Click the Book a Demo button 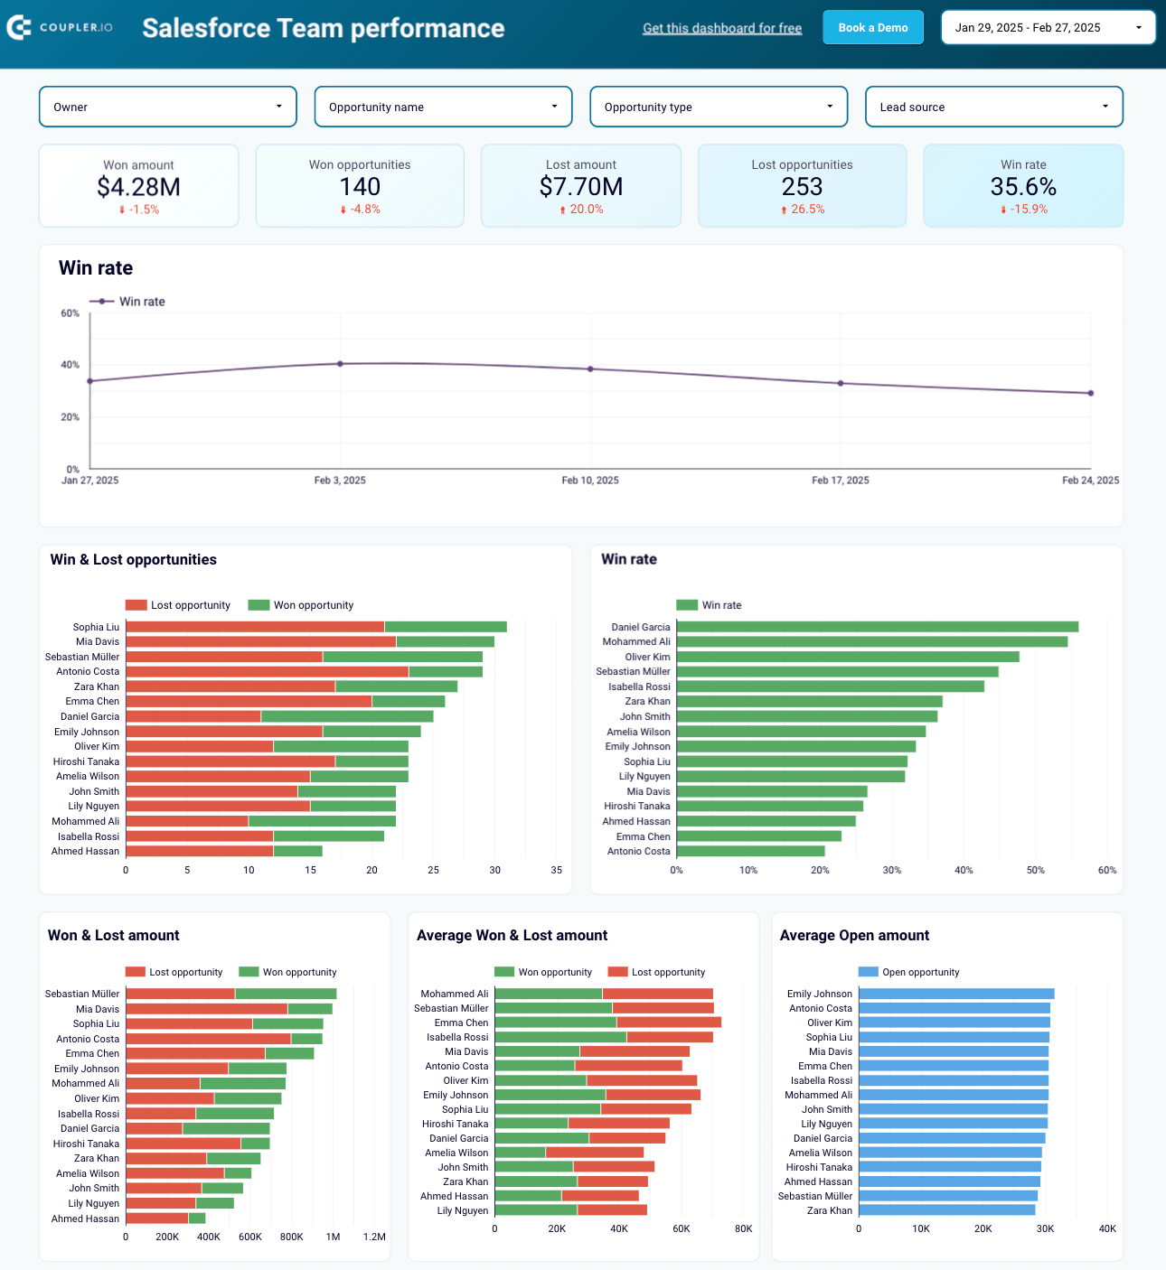click(x=872, y=28)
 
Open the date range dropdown click(x=1048, y=28)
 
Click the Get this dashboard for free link click(x=722, y=29)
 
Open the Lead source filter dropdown click(x=993, y=107)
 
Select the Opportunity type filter click(x=719, y=107)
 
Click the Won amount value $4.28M click(x=138, y=187)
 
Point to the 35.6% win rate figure click(x=1023, y=187)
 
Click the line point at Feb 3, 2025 click(x=340, y=364)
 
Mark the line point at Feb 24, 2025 click(x=1091, y=393)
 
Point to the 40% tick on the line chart click(x=70, y=365)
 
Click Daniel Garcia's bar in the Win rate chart click(x=877, y=627)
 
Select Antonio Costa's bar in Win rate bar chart click(x=750, y=851)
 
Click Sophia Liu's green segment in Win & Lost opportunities click(x=446, y=627)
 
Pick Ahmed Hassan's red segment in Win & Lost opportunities click(x=199, y=851)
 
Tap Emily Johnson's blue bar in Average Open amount click(x=956, y=994)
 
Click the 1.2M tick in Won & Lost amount click(x=374, y=1237)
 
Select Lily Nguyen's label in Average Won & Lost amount click(x=462, y=1210)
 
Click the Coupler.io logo click(x=60, y=28)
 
